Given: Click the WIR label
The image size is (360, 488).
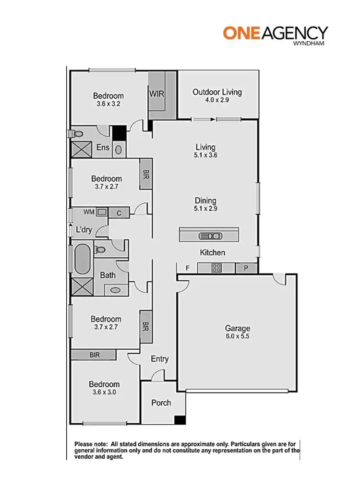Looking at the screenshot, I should pos(157,94).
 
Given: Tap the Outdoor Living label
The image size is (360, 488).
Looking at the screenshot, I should pos(217,92).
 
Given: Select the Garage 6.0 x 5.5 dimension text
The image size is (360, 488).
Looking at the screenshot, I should pos(238,337).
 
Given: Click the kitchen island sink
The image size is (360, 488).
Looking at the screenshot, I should pos(210,236).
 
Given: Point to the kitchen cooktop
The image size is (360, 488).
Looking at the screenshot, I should pos(216,268).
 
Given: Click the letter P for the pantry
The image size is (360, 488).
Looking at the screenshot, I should pos(246,268).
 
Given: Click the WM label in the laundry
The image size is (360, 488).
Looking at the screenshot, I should pos(89,212).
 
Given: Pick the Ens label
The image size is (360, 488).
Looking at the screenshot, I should pos(103,148).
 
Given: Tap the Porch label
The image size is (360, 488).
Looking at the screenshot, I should pos(161,403).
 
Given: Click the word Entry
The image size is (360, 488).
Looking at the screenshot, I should pos(159,359).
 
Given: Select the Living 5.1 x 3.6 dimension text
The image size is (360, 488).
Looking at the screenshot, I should pos(205,155).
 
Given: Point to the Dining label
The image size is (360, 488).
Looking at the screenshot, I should pos(205,201).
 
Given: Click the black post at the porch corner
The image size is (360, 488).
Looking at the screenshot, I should pos(180,420).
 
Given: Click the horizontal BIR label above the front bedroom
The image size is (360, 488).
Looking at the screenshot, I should pos(95,355).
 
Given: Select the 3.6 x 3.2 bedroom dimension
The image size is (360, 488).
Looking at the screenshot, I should pos(108,104).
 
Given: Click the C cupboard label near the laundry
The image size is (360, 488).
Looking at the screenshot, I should pos(119,213).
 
